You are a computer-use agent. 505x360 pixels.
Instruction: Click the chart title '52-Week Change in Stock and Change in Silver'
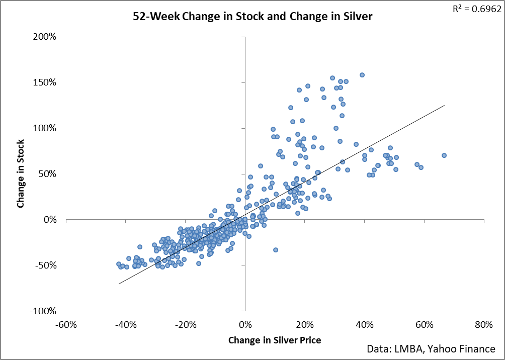(252, 17)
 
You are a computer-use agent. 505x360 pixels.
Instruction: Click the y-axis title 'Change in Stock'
(21, 173)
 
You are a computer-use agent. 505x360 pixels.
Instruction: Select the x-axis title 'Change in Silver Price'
(275, 340)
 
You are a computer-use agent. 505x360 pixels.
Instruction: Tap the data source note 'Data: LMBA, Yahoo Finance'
(435, 349)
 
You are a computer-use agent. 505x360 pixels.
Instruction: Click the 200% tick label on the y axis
(45, 37)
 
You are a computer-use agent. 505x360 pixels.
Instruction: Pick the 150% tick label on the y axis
(45, 82)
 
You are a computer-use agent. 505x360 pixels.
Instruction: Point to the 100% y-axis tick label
(45, 128)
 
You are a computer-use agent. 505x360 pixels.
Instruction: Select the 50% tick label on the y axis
(47, 174)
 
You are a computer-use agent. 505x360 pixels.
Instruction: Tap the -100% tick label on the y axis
(44, 311)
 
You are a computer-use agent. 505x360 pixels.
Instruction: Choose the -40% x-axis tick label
(126, 324)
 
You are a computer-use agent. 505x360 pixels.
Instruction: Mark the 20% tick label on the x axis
(305, 324)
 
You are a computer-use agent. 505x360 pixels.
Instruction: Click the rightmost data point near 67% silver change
(444, 155)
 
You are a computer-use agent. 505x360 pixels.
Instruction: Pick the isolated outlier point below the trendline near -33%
(275, 250)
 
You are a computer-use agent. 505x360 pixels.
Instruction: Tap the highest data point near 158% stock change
(362, 75)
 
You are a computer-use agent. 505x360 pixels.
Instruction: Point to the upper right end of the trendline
(445, 106)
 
